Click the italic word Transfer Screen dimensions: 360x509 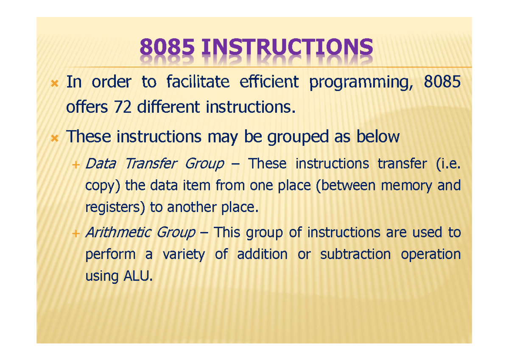151,164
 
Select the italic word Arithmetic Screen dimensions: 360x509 118,232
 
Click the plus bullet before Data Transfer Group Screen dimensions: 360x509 76,165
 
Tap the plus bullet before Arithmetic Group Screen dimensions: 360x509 76,233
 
